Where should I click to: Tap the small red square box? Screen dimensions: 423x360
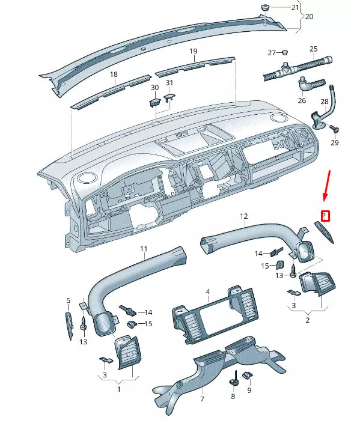pyautogui.click(x=325, y=215)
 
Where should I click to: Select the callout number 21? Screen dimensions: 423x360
pyautogui.click(x=295, y=8)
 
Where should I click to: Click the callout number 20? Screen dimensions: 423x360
pyautogui.click(x=309, y=17)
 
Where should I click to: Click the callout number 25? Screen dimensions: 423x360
pyautogui.click(x=313, y=49)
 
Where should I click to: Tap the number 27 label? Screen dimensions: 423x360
pyautogui.click(x=272, y=53)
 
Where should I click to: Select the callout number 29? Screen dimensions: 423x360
pyautogui.click(x=334, y=142)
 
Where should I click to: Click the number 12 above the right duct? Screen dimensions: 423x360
pyautogui.click(x=244, y=216)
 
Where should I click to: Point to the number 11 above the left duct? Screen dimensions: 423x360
pyautogui.click(x=144, y=248)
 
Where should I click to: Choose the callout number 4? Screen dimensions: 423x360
pyautogui.click(x=207, y=292)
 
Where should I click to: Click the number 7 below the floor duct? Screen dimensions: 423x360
pyautogui.click(x=202, y=399)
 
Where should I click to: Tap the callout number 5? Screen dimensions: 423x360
pyautogui.click(x=69, y=300)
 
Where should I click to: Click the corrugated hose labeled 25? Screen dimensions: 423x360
pyautogui.click(x=297, y=67)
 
